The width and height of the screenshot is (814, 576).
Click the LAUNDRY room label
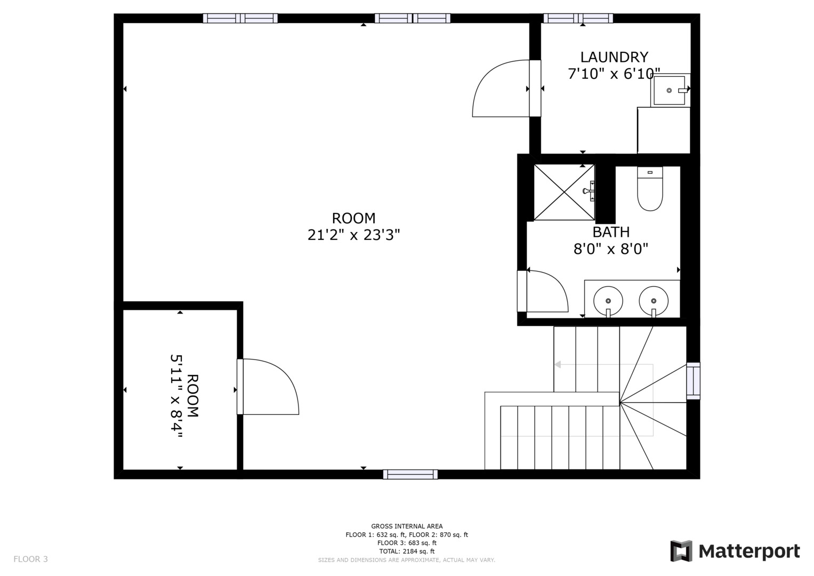pos(614,57)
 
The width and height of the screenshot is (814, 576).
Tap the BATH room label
pos(611,232)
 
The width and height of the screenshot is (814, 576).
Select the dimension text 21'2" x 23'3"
pos(353,235)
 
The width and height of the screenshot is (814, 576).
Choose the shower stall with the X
pos(564,192)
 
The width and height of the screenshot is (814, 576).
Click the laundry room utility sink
pos(670,90)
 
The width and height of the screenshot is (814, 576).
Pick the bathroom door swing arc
pos(547,291)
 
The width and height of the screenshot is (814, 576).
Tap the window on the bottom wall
pos(410,474)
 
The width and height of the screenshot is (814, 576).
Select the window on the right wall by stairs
pos(693,381)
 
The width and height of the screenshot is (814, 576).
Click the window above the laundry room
pos(578,18)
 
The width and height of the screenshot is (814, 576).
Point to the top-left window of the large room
pos(240,18)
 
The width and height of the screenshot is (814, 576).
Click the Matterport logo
pos(735,551)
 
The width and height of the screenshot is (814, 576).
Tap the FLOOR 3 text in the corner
pos(30,559)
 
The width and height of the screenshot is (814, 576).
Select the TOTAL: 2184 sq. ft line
pos(407,551)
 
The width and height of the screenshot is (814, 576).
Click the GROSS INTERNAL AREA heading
pos(407,526)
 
